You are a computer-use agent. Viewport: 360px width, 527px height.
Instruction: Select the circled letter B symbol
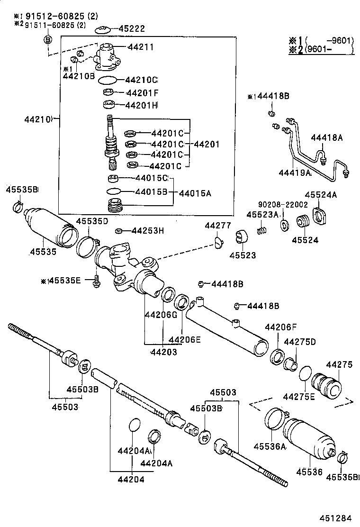point(48,40)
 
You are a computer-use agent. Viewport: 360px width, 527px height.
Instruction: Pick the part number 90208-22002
point(283,204)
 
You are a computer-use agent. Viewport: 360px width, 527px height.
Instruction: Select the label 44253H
point(147,231)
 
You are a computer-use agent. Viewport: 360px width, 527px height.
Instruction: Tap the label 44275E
point(298,397)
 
